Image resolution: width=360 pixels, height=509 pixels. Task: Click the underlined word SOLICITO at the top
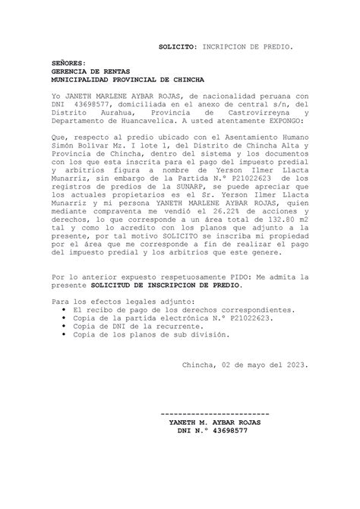click(x=176, y=47)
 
